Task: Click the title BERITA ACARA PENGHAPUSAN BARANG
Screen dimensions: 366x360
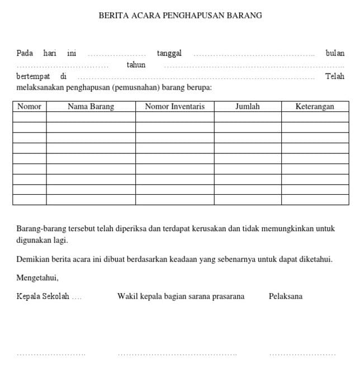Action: coord(180,16)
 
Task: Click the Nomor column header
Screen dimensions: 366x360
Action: coord(30,106)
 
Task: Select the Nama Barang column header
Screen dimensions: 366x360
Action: coord(91,106)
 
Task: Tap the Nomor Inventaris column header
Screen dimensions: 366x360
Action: coord(174,106)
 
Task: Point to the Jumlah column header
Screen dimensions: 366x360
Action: coord(247,106)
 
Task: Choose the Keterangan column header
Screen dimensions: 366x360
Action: coord(315,106)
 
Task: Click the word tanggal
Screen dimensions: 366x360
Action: coord(169,53)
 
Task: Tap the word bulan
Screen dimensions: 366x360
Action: coord(335,53)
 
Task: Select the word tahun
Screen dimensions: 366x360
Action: coord(136,65)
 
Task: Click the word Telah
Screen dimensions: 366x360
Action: coord(335,76)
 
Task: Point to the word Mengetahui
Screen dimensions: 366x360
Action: coord(37,278)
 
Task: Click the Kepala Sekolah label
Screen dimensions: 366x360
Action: coord(43,297)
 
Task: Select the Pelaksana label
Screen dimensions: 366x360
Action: coord(285,297)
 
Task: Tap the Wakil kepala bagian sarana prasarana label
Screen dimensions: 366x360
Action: coord(181,297)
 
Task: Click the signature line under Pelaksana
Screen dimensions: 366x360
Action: coord(302,354)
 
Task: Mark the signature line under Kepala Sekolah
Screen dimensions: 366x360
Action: coord(51,354)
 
